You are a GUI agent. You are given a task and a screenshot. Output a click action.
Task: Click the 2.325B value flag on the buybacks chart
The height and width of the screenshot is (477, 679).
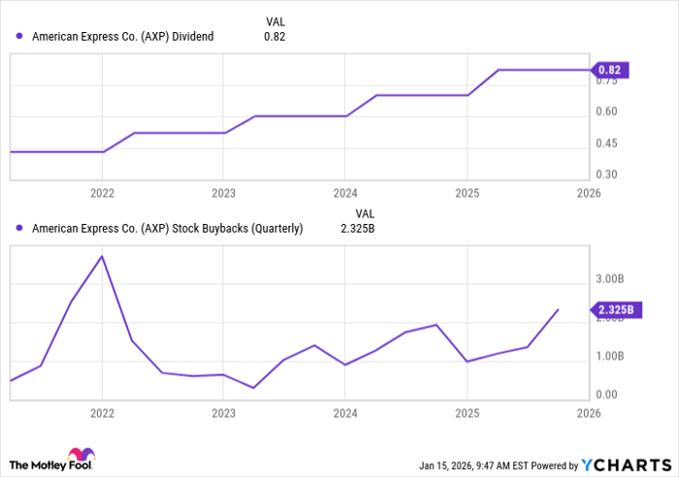[615, 310]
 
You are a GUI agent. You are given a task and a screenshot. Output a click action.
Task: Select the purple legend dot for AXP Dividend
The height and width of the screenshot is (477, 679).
[19, 37]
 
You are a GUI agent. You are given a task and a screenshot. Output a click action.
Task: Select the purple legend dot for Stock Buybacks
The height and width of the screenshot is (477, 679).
[19, 230]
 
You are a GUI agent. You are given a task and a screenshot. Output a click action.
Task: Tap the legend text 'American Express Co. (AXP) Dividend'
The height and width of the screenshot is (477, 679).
[123, 37]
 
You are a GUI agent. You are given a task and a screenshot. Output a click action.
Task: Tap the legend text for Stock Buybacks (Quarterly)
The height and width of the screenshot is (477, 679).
[167, 230]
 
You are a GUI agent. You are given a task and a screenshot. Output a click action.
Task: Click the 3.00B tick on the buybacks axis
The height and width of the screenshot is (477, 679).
[614, 279]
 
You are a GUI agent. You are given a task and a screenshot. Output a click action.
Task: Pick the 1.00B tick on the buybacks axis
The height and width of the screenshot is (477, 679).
[614, 357]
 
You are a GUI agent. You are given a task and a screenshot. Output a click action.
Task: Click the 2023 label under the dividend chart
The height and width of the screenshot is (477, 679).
[223, 193]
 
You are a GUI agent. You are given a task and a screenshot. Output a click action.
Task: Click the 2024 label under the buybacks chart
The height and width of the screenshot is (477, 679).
[344, 412]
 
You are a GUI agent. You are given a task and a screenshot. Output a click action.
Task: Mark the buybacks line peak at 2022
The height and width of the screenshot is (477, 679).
[102, 256]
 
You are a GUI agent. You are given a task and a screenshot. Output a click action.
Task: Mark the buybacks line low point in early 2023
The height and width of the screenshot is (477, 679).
[253, 388]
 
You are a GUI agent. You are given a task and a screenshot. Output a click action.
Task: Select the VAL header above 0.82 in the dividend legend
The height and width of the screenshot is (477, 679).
[275, 20]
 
